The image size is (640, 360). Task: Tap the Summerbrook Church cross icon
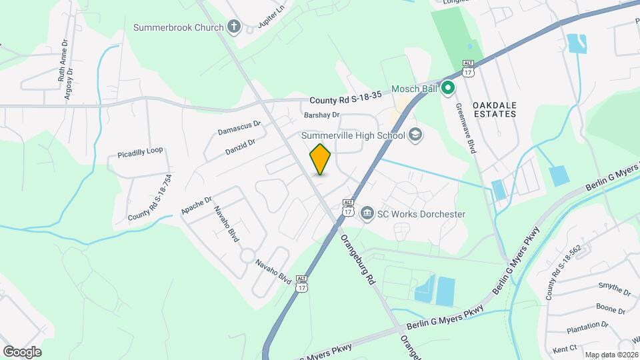(x=233, y=27)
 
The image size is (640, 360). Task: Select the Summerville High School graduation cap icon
(x=416, y=135)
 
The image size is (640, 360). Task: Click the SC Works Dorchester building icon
(x=367, y=214)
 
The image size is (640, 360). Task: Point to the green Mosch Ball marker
(x=449, y=87)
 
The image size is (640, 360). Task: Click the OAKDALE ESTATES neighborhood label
(x=494, y=110)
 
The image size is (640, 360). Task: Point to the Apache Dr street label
(x=196, y=205)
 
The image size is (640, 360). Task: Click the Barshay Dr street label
(x=322, y=115)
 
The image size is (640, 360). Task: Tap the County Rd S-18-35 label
(x=345, y=100)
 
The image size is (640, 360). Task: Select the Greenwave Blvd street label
(x=465, y=128)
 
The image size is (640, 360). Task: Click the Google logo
(x=22, y=351)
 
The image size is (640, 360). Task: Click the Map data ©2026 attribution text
(x=611, y=355)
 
